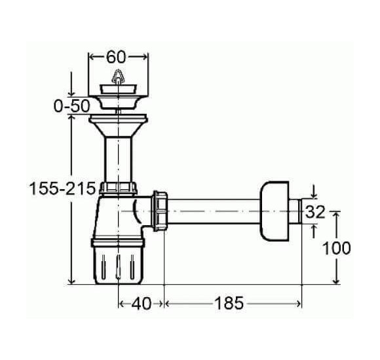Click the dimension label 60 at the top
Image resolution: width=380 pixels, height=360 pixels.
coord(116,58)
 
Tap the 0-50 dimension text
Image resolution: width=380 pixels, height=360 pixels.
coord(71,106)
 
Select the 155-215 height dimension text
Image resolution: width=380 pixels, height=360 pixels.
coord(62,189)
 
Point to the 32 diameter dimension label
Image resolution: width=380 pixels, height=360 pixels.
coord(314,212)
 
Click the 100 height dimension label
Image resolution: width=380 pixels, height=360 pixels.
coord(337,248)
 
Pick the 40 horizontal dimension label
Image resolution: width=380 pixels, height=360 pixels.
coord(142,303)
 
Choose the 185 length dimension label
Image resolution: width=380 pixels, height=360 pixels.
coord(229,303)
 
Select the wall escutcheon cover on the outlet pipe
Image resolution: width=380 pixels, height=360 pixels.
coord(275,211)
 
